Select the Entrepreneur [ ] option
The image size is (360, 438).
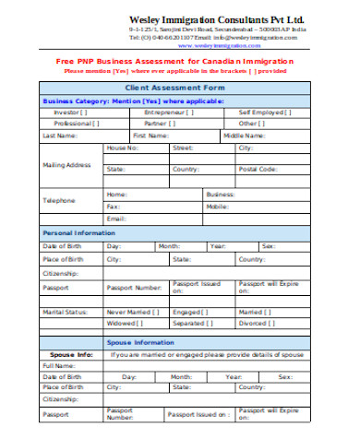169,112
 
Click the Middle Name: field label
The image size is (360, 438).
241,135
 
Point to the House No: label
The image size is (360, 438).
123,148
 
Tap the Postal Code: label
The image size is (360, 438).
258,170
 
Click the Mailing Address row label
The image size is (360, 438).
66,165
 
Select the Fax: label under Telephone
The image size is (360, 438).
113,207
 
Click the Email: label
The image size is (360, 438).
115,219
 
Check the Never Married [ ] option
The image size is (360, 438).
132,312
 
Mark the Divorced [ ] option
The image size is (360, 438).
258,324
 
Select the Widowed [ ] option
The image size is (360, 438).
126,324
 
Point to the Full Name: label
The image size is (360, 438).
58,365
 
